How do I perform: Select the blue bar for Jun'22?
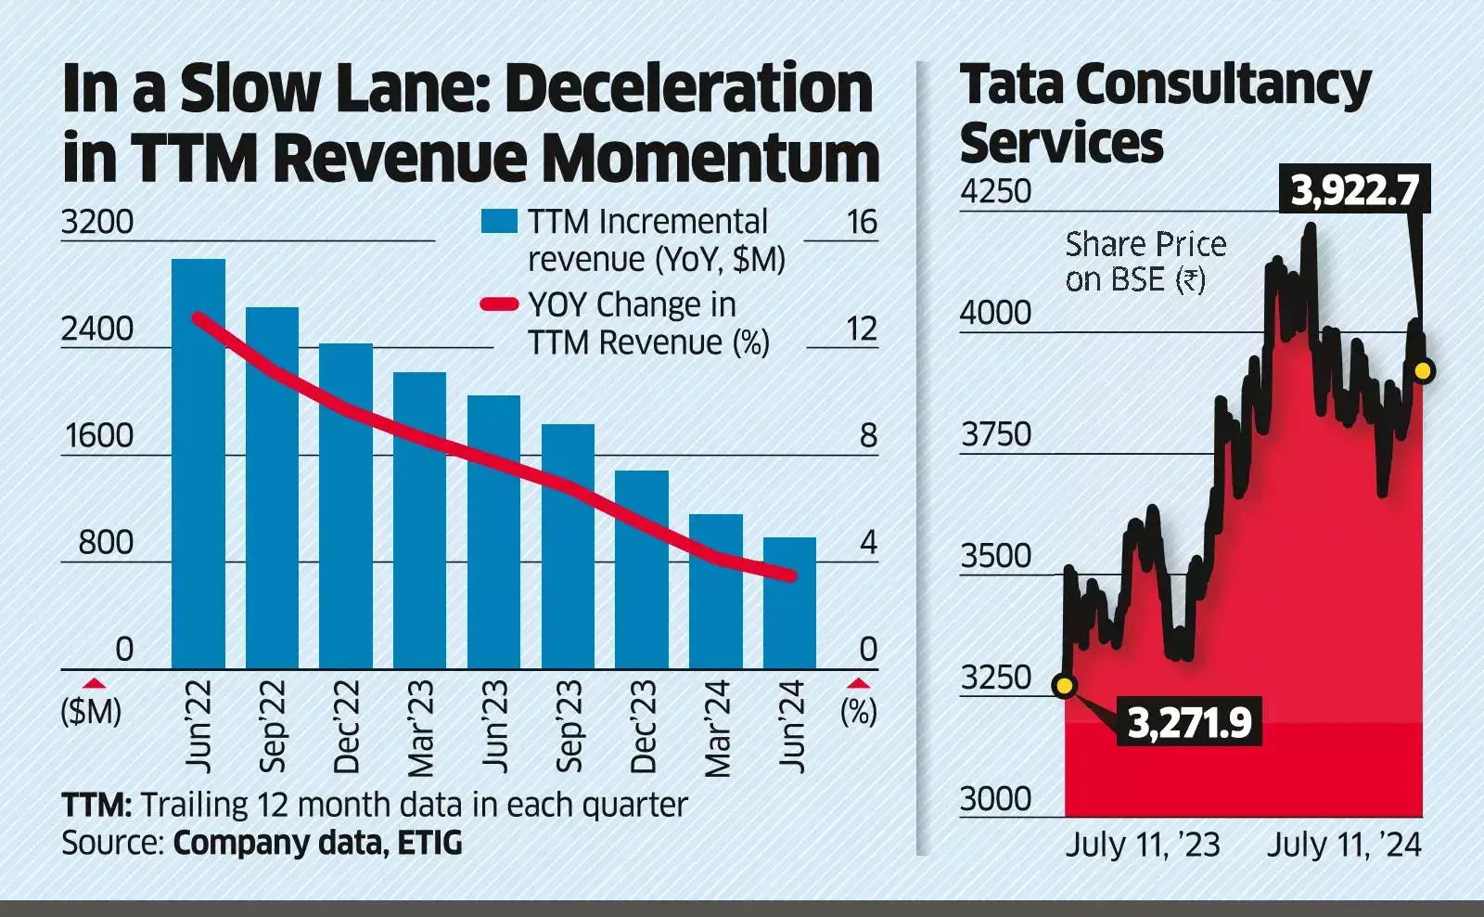point(198,464)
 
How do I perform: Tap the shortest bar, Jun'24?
point(789,602)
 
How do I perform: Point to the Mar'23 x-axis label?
point(420,728)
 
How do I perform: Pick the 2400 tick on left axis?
point(96,329)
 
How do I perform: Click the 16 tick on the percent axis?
point(861,222)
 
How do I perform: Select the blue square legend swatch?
point(498,222)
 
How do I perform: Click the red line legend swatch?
point(498,304)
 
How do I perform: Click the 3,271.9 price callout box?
point(1189,722)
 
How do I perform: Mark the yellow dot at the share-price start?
point(1065,686)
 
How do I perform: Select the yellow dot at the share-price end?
point(1423,371)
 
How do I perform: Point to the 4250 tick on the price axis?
point(995,191)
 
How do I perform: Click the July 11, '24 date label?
point(1344,845)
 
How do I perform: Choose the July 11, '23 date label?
point(1142,845)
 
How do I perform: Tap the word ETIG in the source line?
point(429,843)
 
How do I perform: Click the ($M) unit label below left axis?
point(91,712)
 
